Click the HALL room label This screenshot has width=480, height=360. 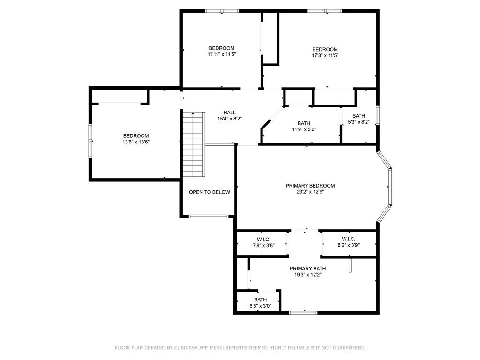[230, 112]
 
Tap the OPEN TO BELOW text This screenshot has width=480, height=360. [210, 192]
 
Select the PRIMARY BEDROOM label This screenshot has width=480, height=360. [310, 186]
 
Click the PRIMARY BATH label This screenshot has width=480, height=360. [307, 269]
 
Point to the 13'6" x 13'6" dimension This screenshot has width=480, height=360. [136, 142]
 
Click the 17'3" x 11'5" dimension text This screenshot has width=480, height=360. [325, 55]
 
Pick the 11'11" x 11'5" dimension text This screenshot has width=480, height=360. [222, 54]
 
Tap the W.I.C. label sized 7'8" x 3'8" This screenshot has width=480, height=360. [263, 239]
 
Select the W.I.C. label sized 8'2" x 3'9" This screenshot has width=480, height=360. [348, 239]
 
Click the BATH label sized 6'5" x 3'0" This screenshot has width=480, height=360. [260, 300]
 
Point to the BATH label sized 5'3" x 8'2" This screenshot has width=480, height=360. [359, 116]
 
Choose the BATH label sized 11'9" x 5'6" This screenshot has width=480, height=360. [304, 123]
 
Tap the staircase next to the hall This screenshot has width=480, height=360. [193, 144]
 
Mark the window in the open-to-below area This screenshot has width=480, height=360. [209, 217]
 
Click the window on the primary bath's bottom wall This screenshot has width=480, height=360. [303, 313]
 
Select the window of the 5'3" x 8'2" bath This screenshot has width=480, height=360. [378, 115]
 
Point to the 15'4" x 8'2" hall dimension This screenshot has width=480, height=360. [230, 119]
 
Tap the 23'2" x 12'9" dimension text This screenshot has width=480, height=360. [310, 192]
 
